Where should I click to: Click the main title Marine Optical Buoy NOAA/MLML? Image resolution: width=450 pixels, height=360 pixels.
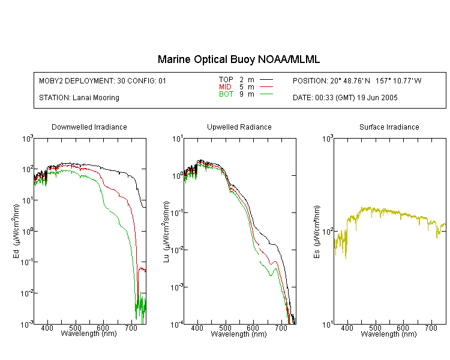click(238, 59)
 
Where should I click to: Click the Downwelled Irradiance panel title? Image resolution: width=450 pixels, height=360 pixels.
click(89, 127)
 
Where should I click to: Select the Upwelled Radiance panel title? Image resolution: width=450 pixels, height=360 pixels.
click(239, 127)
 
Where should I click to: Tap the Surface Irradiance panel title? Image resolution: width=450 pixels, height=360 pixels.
click(389, 127)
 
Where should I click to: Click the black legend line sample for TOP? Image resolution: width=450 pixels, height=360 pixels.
click(266, 80)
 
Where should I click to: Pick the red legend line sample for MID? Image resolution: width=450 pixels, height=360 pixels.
click(266, 86)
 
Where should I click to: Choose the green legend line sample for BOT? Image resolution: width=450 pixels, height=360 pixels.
click(266, 94)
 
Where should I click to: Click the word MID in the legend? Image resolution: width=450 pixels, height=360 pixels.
click(225, 86)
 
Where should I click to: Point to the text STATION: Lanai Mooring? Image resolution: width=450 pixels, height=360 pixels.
click(79, 98)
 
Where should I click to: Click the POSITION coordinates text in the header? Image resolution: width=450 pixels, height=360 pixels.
click(357, 80)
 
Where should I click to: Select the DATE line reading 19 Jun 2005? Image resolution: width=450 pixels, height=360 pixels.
click(345, 98)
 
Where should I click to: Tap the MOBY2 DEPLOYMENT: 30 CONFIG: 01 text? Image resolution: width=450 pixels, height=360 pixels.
click(103, 80)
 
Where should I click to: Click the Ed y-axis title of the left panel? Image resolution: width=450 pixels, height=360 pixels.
click(16, 231)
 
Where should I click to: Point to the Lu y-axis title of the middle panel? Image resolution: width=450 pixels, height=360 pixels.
click(166, 232)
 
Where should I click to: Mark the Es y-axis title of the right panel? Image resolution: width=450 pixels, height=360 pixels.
click(316, 232)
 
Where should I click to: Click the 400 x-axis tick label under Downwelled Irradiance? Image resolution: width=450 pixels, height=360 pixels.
click(47, 328)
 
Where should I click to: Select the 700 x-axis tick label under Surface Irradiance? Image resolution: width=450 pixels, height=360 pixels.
click(431, 328)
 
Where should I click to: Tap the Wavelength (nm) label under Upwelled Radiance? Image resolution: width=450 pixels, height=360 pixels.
click(239, 334)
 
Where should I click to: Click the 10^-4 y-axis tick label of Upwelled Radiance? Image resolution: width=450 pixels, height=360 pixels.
click(176, 324)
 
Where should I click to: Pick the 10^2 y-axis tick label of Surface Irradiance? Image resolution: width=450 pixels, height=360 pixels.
click(327, 230)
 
